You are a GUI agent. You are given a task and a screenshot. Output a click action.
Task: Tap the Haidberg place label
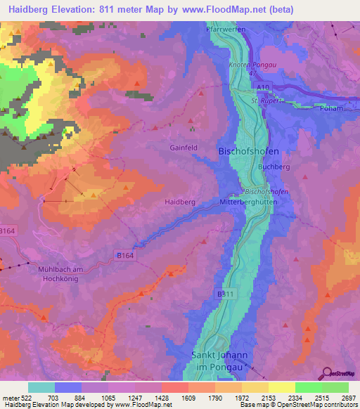pos(179,202)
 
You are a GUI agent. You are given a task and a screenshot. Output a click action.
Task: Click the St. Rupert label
pos(266,100)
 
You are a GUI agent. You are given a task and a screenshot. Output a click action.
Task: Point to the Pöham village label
pos(330,108)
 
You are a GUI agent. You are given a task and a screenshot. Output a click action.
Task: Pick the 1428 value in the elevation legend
pos(162,397)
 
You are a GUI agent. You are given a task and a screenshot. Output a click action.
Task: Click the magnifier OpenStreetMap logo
pos(327,373)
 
